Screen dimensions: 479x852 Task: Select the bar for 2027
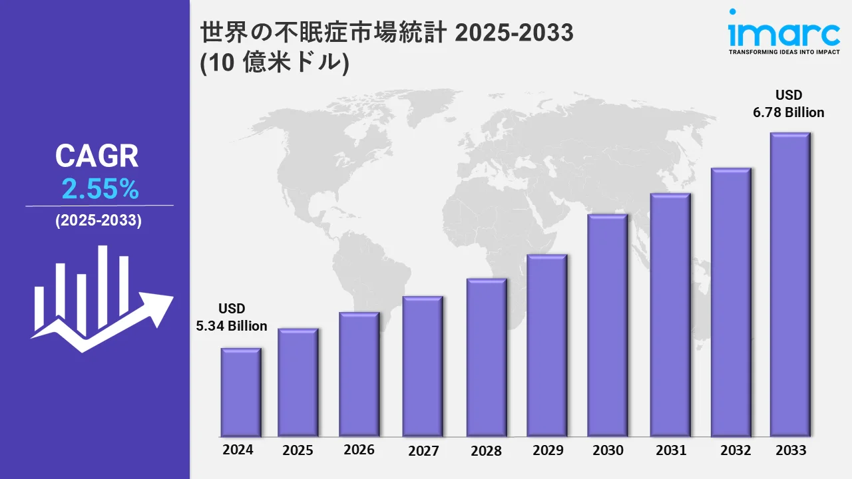click(423, 366)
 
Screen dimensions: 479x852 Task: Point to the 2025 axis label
click(298, 450)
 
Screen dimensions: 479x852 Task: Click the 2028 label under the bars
click(486, 450)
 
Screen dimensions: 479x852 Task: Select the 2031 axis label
click(670, 450)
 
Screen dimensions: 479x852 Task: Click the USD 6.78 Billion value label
click(789, 104)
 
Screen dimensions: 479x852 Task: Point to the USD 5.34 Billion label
click(232, 317)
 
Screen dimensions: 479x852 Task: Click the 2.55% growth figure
click(100, 190)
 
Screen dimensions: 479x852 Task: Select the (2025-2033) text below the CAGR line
click(99, 222)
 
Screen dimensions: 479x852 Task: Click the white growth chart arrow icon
click(100, 299)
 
